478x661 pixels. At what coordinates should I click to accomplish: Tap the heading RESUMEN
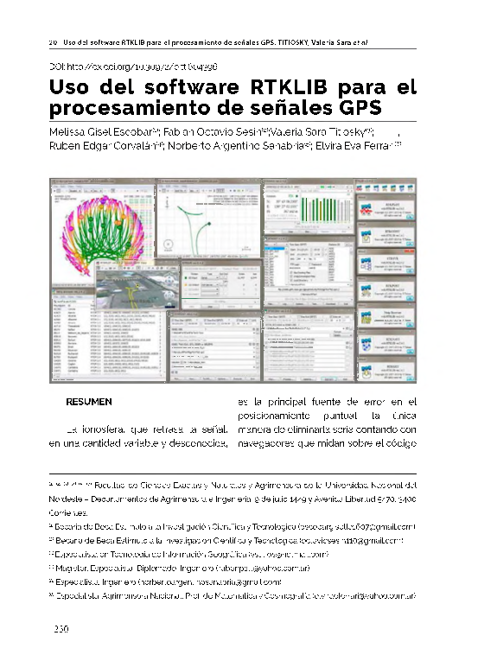tap(89, 402)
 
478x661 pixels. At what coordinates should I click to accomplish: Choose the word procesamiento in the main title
tap(124, 108)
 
